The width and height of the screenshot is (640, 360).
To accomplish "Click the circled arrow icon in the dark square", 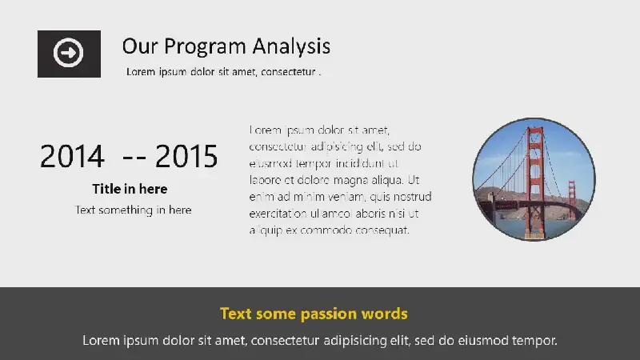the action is (68, 53).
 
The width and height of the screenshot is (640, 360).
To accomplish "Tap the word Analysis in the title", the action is (291, 46).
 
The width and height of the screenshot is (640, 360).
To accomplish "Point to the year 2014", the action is (72, 156).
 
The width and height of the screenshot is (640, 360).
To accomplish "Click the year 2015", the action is (186, 156).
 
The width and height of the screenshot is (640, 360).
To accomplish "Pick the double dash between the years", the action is (134, 158).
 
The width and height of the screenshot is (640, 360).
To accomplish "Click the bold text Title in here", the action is (130, 189).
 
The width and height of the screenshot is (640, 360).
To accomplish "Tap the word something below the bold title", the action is (126, 210).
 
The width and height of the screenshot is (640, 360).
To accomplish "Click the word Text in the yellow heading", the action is (235, 314).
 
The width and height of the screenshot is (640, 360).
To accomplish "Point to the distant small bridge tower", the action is (572, 197).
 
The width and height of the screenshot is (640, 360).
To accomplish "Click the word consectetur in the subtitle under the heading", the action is (288, 72).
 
